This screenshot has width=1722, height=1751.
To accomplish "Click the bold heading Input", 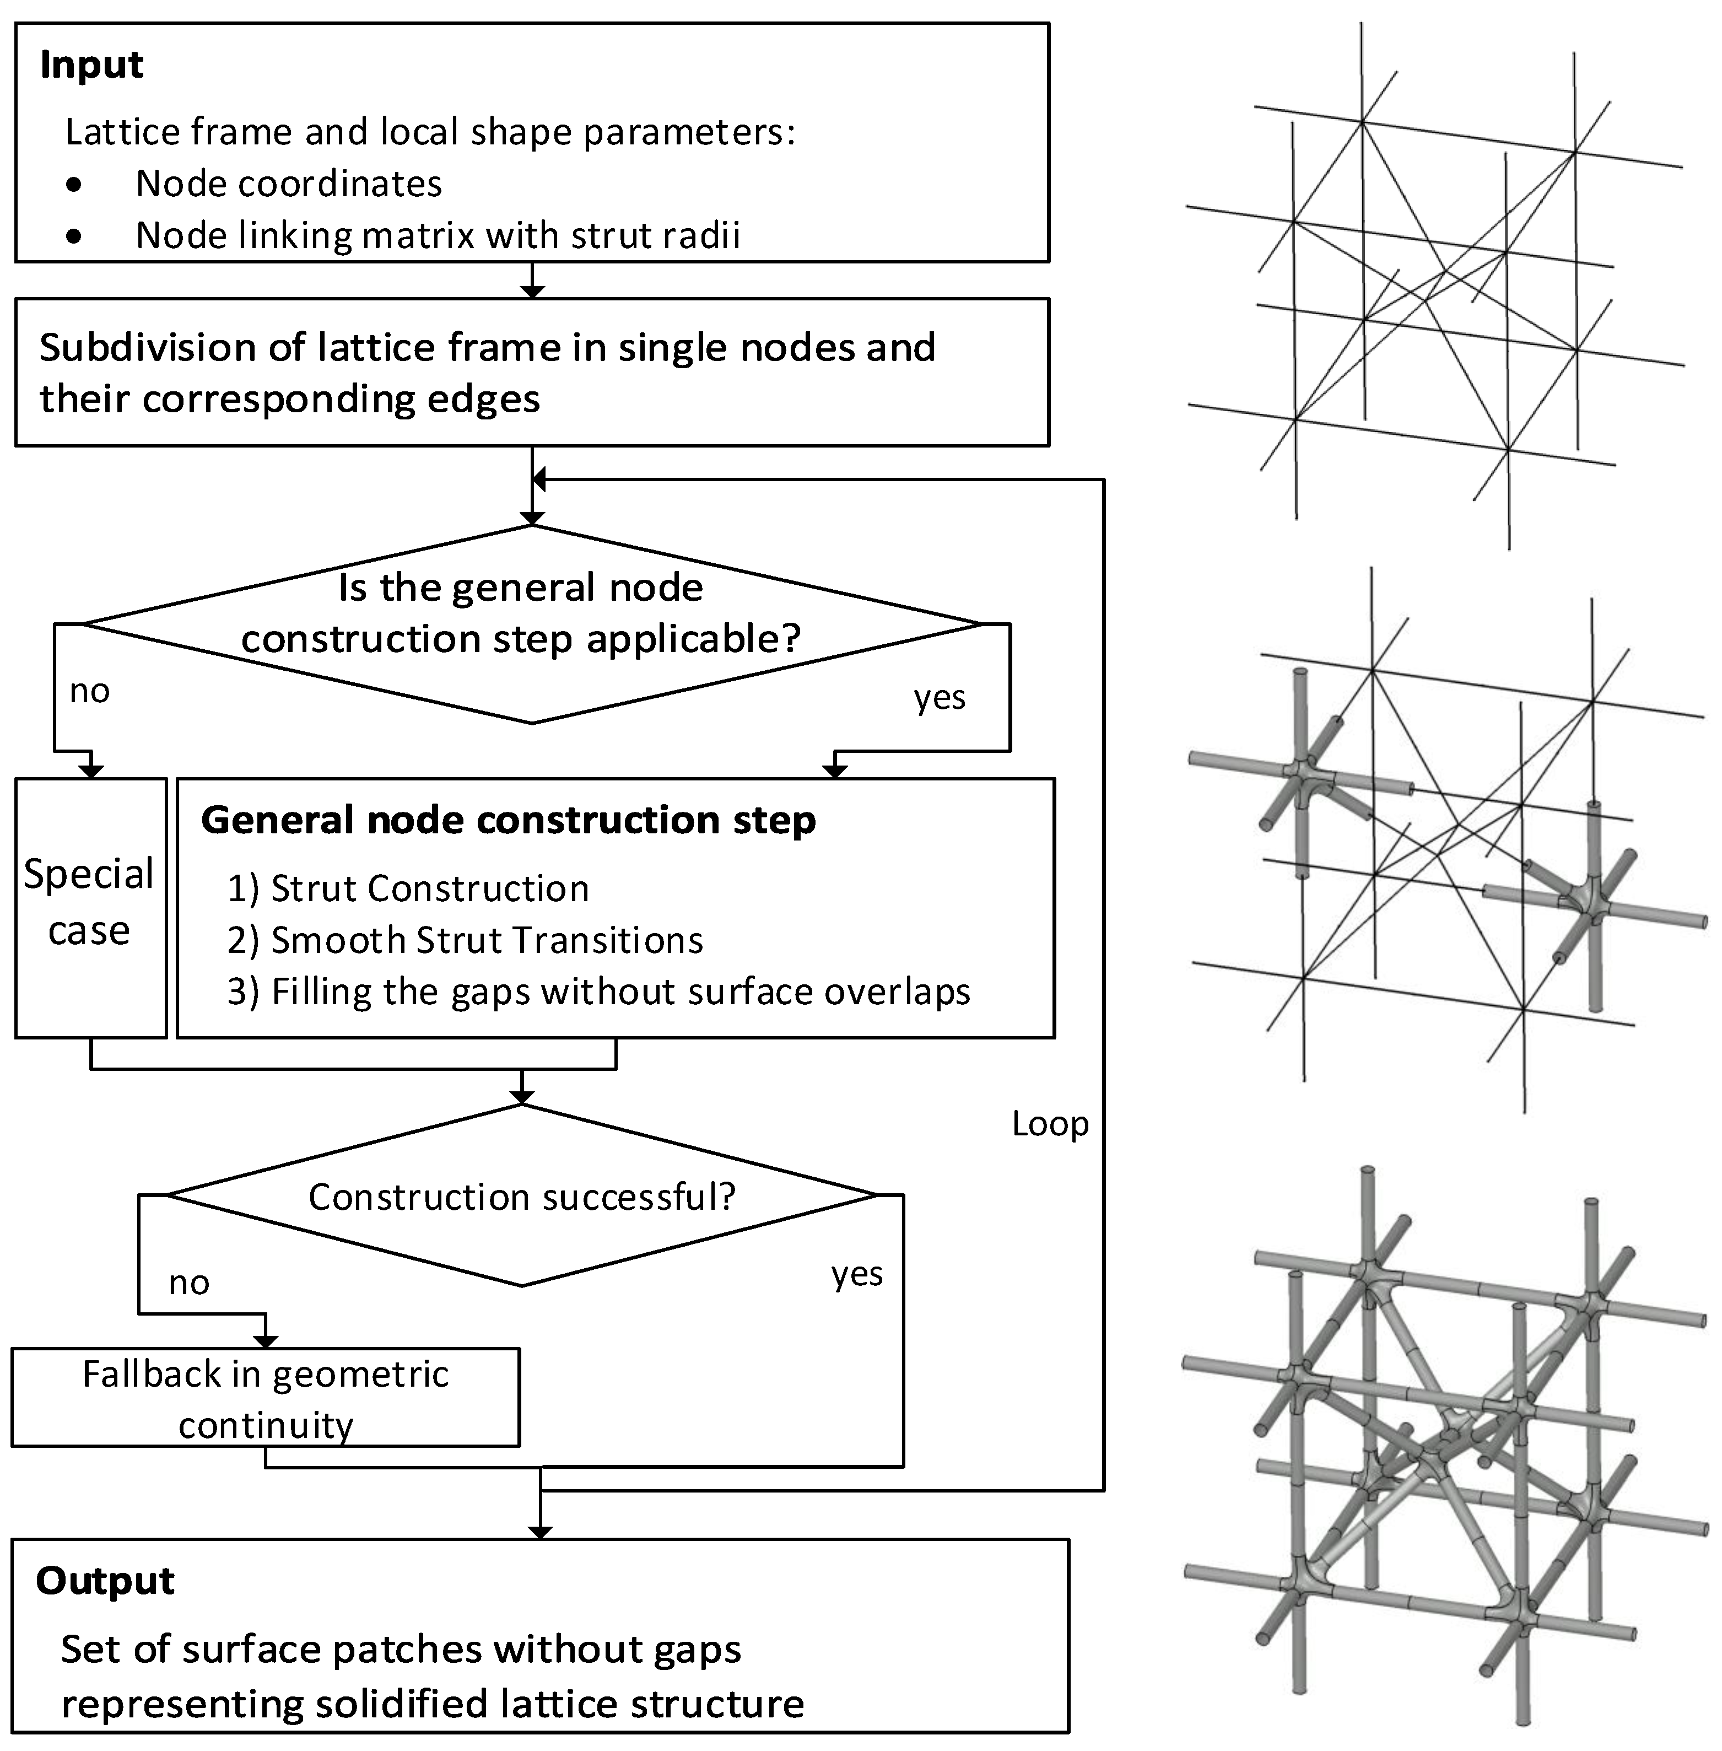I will pyautogui.click(x=91, y=65).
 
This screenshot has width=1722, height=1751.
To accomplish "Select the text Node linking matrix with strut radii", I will pyautogui.click(x=438, y=236).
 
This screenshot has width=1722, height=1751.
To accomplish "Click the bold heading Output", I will pyautogui.click(x=105, y=1580).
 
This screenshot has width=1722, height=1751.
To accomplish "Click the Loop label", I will pyautogui.click(x=1049, y=1124).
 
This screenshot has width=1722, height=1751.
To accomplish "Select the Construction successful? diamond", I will pyautogui.click(x=522, y=1195).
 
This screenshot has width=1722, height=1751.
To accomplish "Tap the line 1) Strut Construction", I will pyautogui.click(x=408, y=889).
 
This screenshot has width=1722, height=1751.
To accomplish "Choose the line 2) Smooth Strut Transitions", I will pyautogui.click(x=465, y=941).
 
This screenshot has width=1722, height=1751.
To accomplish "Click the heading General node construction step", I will pyautogui.click(x=508, y=820).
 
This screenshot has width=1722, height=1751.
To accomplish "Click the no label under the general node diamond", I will pyautogui.click(x=89, y=691).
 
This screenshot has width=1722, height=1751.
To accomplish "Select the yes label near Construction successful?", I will pyautogui.click(x=856, y=1274).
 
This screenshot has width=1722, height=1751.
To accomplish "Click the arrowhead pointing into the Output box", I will pyautogui.click(x=540, y=1532).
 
